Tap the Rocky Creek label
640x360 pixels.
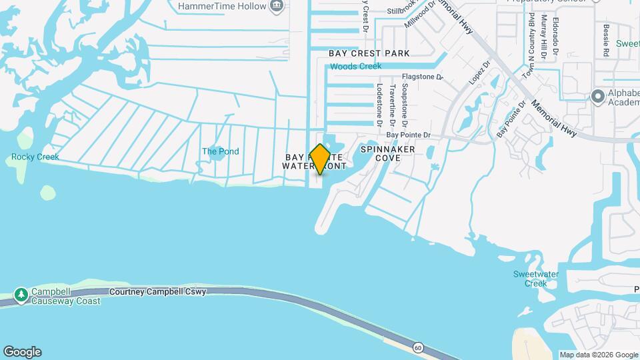(x=35, y=157)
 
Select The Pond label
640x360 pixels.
(x=220, y=151)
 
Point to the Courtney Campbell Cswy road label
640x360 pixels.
(x=158, y=292)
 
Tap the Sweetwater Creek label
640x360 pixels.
(x=530, y=279)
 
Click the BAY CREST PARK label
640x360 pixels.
(x=378, y=53)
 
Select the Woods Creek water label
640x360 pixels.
(x=356, y=66)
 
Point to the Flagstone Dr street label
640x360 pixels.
(x=422, y=77)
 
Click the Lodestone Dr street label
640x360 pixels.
(x=379, y=105)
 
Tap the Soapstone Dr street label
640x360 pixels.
(x=405, y=106)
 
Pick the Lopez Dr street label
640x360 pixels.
(x=479, y=73)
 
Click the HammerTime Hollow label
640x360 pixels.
(x=223, y=6)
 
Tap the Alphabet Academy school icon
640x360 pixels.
(x=597, y=97)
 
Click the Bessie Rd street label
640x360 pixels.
(x=606, y=40)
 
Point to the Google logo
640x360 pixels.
(x=22, y=352)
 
